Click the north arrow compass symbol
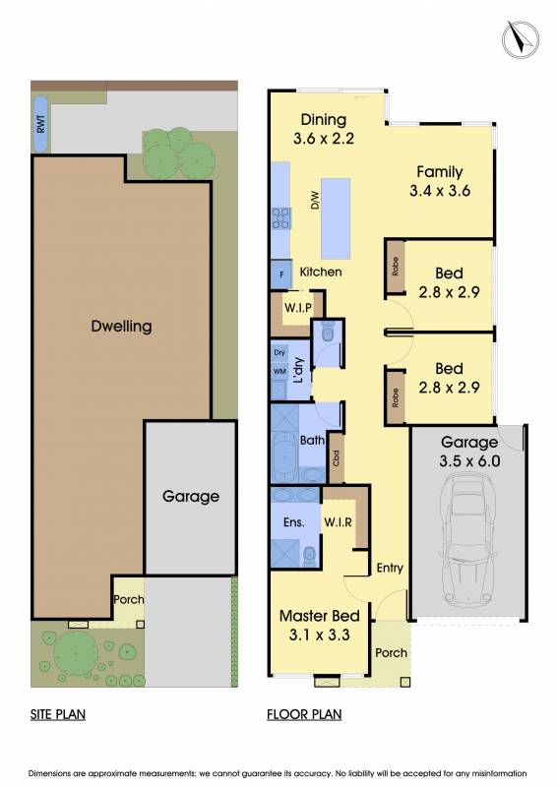521,39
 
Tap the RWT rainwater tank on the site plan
40,124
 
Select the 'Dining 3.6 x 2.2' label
324,129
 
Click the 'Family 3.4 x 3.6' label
440,181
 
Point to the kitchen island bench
336,218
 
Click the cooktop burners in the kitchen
281,218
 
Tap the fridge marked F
281,274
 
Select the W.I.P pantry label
298,307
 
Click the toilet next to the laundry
328,332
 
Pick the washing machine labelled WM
279,372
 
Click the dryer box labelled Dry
279,352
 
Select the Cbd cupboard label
336,457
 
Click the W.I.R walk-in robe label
338,522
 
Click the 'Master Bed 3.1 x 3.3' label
320,626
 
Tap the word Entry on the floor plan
390,569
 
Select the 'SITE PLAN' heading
58,714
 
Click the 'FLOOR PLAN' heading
304,714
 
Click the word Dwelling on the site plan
122,327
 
